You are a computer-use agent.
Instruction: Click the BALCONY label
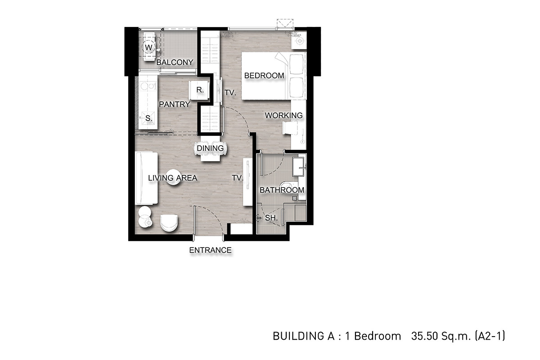pyautogui.click(x=175, y=63)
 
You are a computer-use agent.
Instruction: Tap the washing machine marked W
pyautogui.click(x=149, y=47)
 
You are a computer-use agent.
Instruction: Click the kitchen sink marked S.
pyautogui.click(x=148, y=118)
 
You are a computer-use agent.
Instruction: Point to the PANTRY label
pyautogui.click(x=175, y=104)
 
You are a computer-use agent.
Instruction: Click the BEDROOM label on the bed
pyautogui.click(x=264, y=76)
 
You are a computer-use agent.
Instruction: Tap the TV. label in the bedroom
pyautogui.click(x=230, y=93)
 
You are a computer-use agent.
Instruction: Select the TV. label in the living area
pyautogui.click(x=238, y=178)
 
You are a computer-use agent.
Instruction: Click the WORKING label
pyautogui.click(x=284, y=116)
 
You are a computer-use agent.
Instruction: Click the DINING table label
pyautogui.click(x=210, y=148)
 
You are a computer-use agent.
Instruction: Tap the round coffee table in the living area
pyautogui.click(x=173, y=177)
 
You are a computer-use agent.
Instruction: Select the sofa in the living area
pyautogui.click(x=146, y=178)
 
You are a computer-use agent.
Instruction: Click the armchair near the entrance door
pyautogui.click(x=169, y=223)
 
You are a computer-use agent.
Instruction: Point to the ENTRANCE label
pyautogui.click(x=210, y=250)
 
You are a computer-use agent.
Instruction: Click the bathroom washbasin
pyautogui.click(x=299, y=166)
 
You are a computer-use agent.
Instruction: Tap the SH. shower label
pyautogui.click(x=271, y=218)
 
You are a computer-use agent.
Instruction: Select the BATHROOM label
pyautogui.click(x=282, y=190)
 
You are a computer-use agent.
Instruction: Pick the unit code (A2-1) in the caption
pyautogui.click(x=490, y=336)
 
